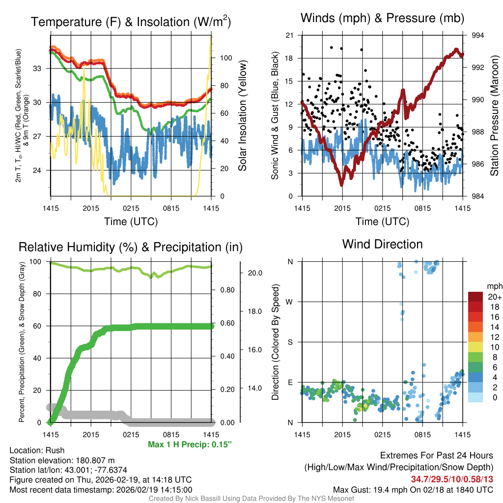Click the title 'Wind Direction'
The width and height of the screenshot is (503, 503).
[382, 244]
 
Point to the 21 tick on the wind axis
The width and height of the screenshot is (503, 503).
[289, 35]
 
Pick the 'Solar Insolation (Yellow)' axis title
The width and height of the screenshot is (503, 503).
[242, 116]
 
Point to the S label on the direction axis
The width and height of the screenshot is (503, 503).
[290, 342]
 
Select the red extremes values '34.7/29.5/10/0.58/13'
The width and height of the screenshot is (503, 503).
[451, 479]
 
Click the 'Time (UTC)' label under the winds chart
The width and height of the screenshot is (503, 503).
[382, 222]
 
